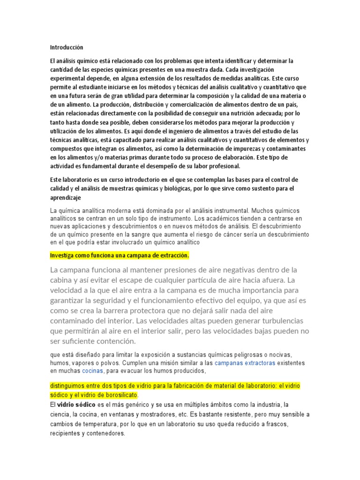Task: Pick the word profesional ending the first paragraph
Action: click(220, 166)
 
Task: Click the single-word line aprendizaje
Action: click(66, 198)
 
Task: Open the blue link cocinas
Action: click(93, 371)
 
